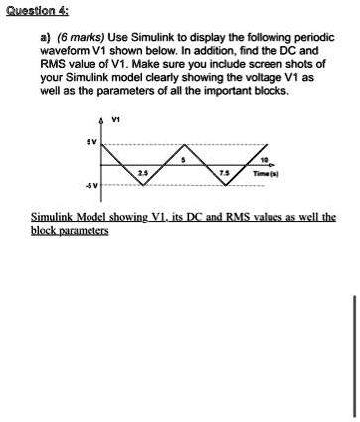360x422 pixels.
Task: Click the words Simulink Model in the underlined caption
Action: [76, 216]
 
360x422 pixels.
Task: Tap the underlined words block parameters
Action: [70, 230]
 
